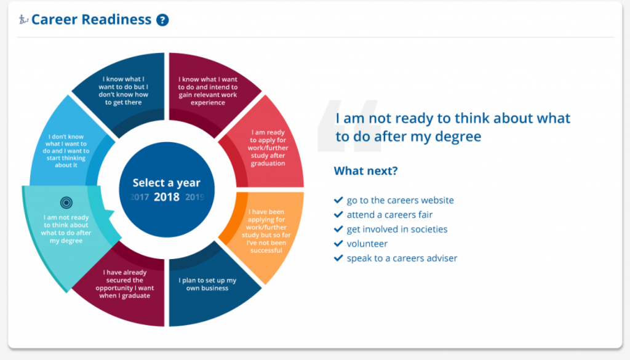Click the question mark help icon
coord(162,20)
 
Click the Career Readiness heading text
coord(91,19)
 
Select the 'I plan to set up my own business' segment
coord(207,284)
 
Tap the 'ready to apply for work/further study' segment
coord(268,148)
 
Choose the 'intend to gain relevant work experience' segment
coord(208,91)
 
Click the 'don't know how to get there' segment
coord(123,91)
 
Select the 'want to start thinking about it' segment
coord(66,151)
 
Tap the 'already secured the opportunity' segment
coord(124,284)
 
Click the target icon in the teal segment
coord(66,202)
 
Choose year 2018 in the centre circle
coord(166,197)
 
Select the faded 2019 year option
coord(195,198)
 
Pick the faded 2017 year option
coord(140,198)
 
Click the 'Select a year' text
coord(166,183)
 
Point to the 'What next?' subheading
coord(365,170)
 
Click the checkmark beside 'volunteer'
coord(338,244)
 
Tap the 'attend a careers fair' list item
coord(389,215)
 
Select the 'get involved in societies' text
coord(397,229)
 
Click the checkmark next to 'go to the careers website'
coord(338,200)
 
